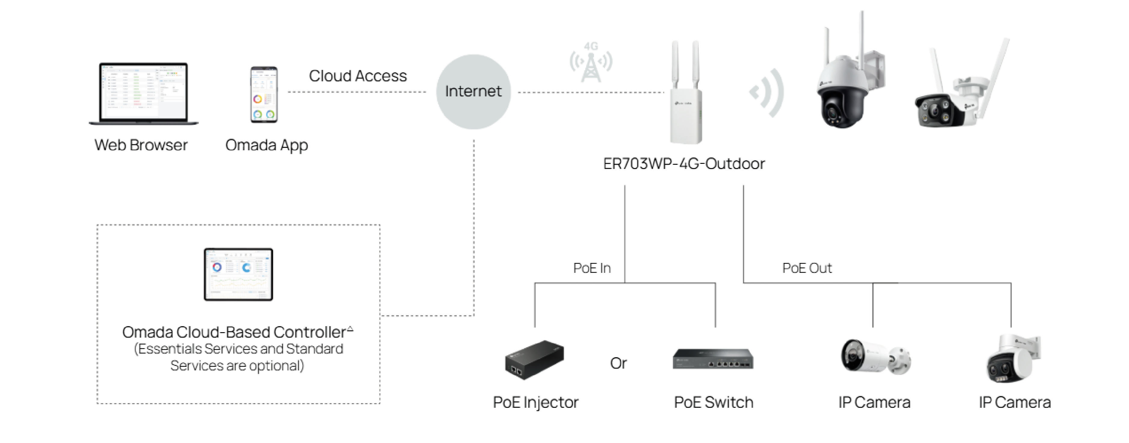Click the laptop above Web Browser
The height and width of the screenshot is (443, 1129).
click(x=144, y=93)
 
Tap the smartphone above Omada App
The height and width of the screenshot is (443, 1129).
click(x=264, y=94)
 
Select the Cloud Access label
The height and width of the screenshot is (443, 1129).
click(x=358, y=76)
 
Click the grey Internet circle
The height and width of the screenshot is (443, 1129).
click(x=473, y=92)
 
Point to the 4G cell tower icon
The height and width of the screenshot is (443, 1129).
click(x=591, y=63)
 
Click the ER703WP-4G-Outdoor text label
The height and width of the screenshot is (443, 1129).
click(x=684, y=164)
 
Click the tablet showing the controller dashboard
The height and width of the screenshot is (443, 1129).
click(x=238, y=275)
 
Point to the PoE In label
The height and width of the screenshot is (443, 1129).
click(x=592, y=268)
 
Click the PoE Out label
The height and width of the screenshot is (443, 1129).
click(x=807, y=268)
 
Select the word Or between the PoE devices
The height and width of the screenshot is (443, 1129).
click(x=618, y=363)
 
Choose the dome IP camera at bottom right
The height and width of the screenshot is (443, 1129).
click(x=1013, y=358)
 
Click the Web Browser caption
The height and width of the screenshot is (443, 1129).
click(x=141, y=145)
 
